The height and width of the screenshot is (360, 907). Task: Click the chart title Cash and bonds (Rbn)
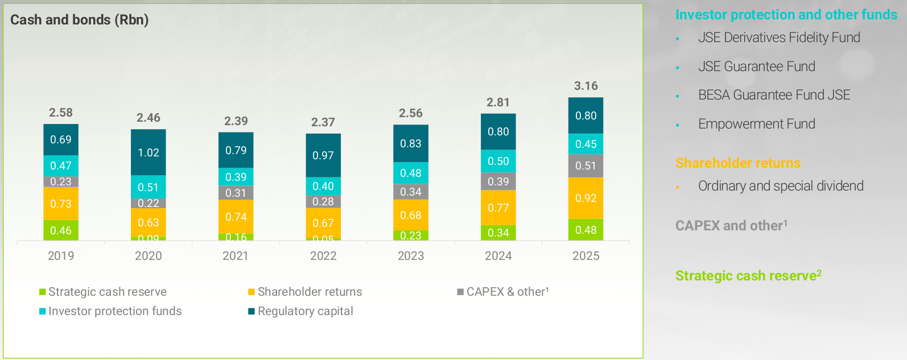[79, 20]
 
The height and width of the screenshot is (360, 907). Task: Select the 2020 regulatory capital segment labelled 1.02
[149, 152]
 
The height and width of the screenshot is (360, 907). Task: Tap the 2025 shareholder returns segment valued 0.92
[586, 198]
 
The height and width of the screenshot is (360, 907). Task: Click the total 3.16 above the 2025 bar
[586, 86]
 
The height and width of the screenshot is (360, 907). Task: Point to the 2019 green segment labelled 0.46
[61, 230]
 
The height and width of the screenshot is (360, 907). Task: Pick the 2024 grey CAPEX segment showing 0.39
[498, 181]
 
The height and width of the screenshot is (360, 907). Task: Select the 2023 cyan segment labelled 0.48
[410, 173]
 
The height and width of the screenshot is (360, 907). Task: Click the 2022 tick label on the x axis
[323, 256]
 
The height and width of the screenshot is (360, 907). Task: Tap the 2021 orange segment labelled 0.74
[236, 217]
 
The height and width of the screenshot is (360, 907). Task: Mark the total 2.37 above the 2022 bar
[323, 122]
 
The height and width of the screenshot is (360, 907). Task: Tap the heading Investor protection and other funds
[786, 15]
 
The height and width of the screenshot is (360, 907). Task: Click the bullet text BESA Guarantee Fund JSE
[774, 95]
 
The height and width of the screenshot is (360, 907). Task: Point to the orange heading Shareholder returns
[737, 163]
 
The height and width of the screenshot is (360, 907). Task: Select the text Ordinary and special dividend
[780, 186]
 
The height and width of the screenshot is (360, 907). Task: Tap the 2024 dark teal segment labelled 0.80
[498, 131]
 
